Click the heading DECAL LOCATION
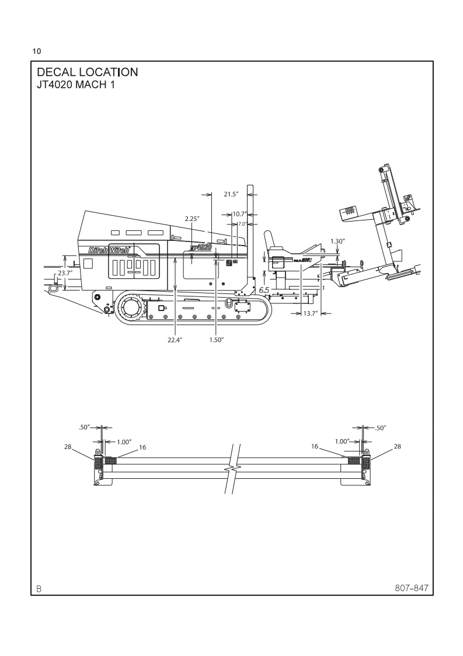(87, 72)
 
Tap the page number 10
(37, 51)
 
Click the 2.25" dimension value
(193, 219)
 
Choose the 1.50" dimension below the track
(217, 339)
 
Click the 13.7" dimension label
(310, 314)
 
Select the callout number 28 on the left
(68, 447)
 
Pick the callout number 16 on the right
(314, 447)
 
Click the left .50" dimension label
(83, 427)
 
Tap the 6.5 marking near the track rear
(264, 290)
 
